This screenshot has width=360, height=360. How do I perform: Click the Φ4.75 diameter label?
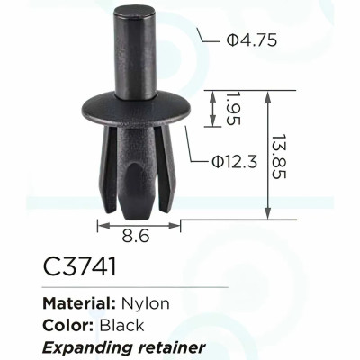click(x=251, y=40)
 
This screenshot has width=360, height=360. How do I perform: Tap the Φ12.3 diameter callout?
click(x=234, y=162)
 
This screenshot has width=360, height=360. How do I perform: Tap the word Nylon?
click(x=146, y=304)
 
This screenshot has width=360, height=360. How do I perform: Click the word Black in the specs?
click(x=121, y=326)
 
